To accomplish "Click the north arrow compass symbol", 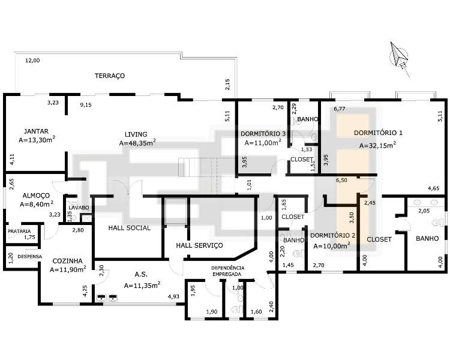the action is point(399,59).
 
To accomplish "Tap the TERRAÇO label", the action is point(110,76).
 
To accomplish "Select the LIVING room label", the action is point(136,134).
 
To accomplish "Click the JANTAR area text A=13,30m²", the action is point(37,140).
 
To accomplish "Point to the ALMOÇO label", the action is point(36,196).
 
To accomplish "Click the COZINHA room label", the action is point(67,261).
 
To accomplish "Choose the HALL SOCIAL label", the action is point(130,228).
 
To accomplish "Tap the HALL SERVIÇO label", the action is point(199,245).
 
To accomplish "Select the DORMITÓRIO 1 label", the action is point(378,133).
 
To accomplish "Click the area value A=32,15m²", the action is point(377,145).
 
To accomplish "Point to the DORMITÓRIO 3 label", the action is point(263,134).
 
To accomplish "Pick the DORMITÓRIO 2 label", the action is point(332,235).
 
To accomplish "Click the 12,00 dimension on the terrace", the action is point(32,60).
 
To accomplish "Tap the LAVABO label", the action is point(79,208).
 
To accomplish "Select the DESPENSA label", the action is point(30,257).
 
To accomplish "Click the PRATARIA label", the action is point(19,231).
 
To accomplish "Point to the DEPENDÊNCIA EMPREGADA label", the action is point(228,271).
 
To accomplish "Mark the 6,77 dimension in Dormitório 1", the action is point(340,109).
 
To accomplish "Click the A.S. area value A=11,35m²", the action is point(142,286).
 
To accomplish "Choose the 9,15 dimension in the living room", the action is point(86,105).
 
